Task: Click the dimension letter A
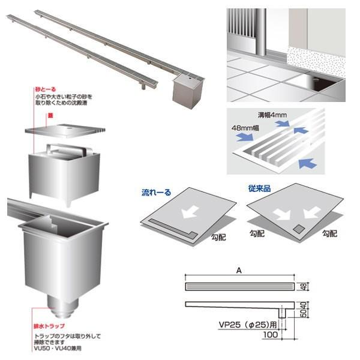pyautogui.click(x=239, y=271)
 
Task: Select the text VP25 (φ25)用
pyautogui.click(x=246, y=328)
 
